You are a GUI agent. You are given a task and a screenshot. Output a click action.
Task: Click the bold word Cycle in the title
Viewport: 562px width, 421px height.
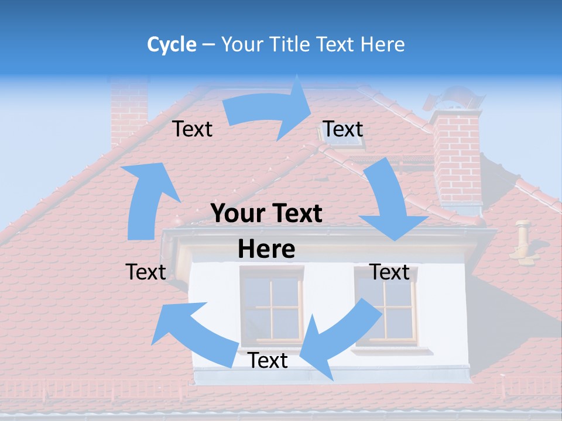pos(172,44)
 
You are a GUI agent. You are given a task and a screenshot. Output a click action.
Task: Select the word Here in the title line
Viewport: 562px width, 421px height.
pos(382,44)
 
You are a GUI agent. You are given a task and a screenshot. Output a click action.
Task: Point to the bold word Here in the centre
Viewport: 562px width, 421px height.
pos(266,250)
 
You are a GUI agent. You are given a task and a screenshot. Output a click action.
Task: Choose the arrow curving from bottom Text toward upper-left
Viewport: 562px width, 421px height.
pos(193,333)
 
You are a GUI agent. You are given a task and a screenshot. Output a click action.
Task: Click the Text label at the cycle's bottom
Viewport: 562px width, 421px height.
pos(268,361)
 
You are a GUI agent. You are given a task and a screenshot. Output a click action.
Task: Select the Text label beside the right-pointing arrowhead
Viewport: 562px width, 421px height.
pos(343,129)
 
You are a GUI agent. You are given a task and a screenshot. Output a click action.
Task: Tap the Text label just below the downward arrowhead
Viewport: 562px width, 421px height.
pos(389,272)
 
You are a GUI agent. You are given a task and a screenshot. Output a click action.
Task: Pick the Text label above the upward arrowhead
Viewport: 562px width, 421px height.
pos(192,129)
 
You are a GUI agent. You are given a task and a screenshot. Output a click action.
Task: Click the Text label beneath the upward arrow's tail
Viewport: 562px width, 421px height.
pos(146,272)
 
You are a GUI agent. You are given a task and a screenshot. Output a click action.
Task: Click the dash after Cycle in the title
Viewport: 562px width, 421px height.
pos(208,44)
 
